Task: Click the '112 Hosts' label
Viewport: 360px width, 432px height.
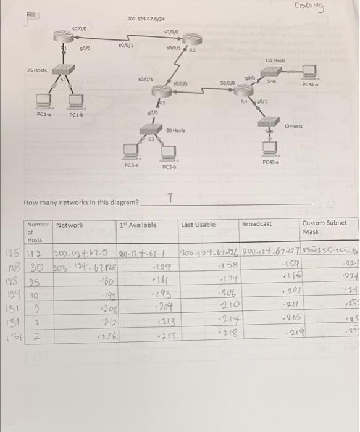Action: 275,60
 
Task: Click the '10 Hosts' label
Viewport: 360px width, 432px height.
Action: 293,125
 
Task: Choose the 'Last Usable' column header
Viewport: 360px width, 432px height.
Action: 198,225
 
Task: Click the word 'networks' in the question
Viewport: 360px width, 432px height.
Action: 65,202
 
